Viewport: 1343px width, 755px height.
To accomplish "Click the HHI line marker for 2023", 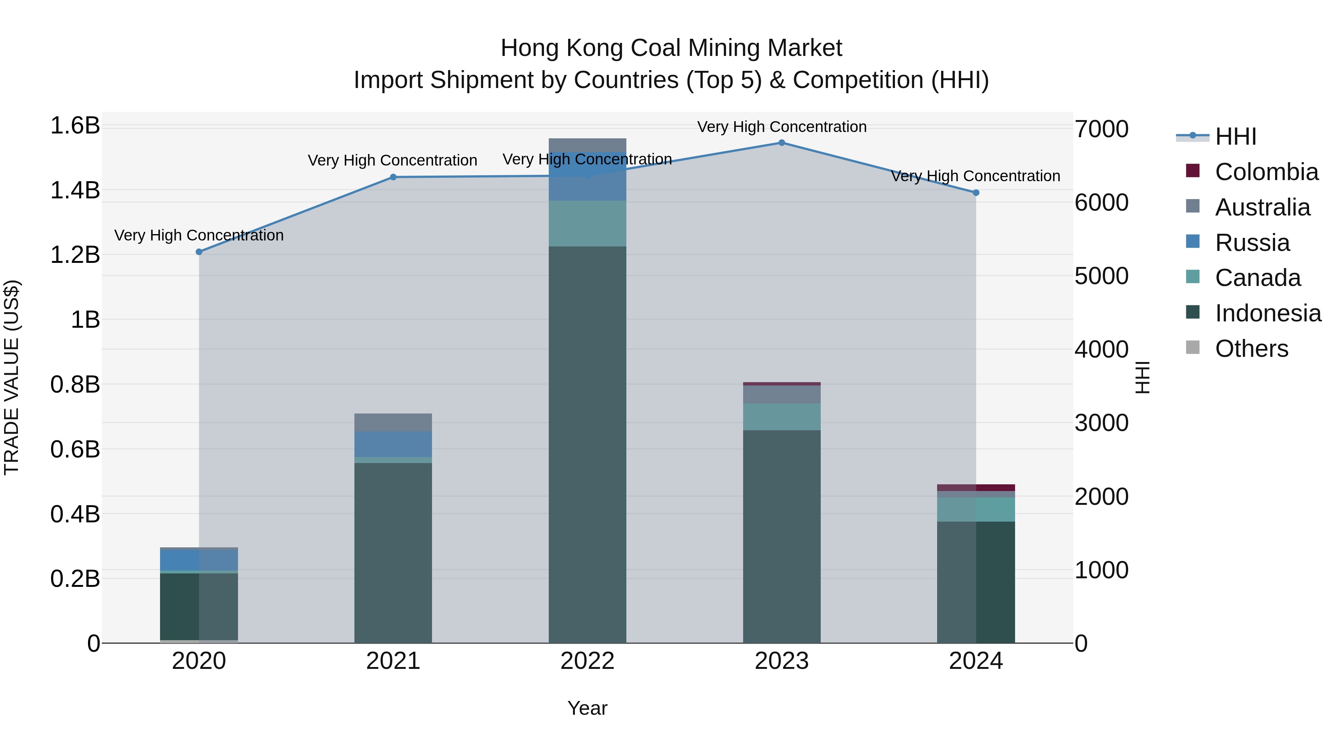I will [782, 143].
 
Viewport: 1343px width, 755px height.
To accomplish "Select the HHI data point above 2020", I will [198, 252].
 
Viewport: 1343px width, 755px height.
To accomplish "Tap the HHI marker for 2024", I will [976, 193].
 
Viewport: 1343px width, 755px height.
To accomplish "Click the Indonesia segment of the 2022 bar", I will [587, 443].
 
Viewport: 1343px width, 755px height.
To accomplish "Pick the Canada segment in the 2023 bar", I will [782, 416].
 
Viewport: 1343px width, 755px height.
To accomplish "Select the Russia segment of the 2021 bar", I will [393, 444].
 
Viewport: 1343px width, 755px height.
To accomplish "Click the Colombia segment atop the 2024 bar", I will [976, 488].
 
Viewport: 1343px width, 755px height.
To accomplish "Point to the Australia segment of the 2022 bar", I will [587, 145].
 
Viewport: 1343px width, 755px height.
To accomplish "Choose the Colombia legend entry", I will [1267, 172].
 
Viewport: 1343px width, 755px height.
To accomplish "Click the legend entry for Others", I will [1251, 349].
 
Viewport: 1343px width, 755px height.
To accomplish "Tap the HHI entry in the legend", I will [1235, 136].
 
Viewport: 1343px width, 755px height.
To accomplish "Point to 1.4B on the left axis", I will [75, 190].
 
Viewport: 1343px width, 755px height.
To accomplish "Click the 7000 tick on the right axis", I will [1101, 129].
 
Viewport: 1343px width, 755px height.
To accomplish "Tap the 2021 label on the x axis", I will [393, 661].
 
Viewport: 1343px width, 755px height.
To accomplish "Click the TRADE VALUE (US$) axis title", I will [12, 377].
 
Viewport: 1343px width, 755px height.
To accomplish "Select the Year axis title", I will [587, 708].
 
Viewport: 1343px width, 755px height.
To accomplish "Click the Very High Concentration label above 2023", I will [782, 127].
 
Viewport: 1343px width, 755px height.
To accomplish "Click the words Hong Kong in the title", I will [562, 48].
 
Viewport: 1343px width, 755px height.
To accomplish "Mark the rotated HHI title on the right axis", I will [1142, 377].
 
